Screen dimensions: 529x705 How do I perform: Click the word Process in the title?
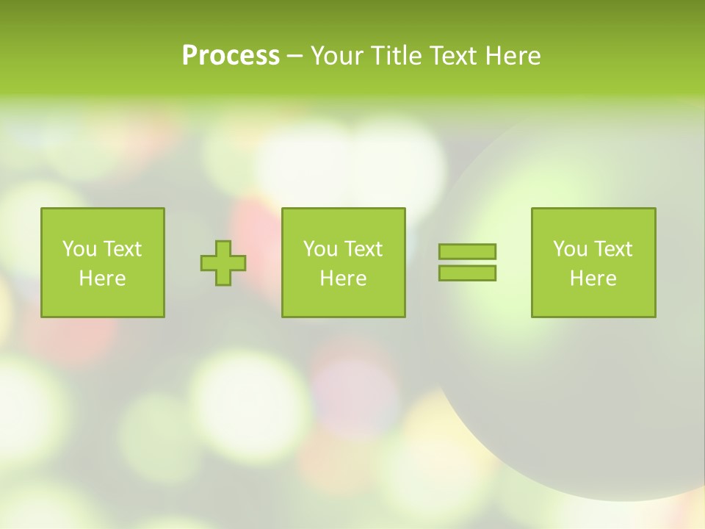click(231, 56)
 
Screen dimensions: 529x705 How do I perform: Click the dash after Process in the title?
click(294, 57)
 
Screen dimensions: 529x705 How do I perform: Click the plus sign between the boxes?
click(223, 263)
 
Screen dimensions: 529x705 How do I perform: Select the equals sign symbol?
click(467, 262)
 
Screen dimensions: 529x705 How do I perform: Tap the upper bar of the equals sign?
click(467, 251)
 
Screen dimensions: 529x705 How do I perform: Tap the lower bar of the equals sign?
click(467, 273)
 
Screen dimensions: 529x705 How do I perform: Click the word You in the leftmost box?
click(79, 249)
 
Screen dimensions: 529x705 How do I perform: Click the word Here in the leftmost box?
click(102, 278)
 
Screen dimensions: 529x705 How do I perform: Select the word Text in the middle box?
click(363, 249)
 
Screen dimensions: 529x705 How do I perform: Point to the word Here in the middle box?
click(343, 278)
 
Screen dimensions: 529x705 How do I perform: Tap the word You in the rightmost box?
click(570, 249)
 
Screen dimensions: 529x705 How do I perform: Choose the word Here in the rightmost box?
click(593, 278)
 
